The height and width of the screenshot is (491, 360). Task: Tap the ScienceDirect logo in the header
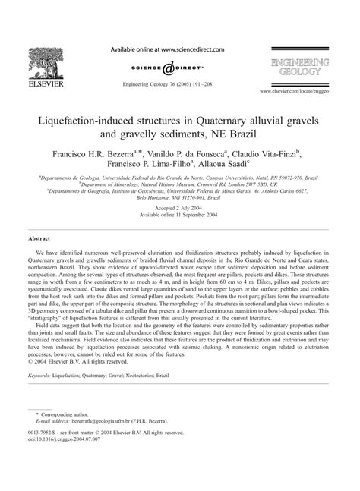(x=180, y=66)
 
